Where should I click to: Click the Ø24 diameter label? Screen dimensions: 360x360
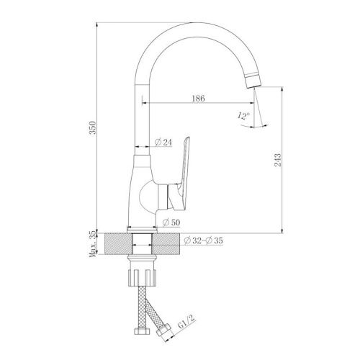[164, 143]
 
